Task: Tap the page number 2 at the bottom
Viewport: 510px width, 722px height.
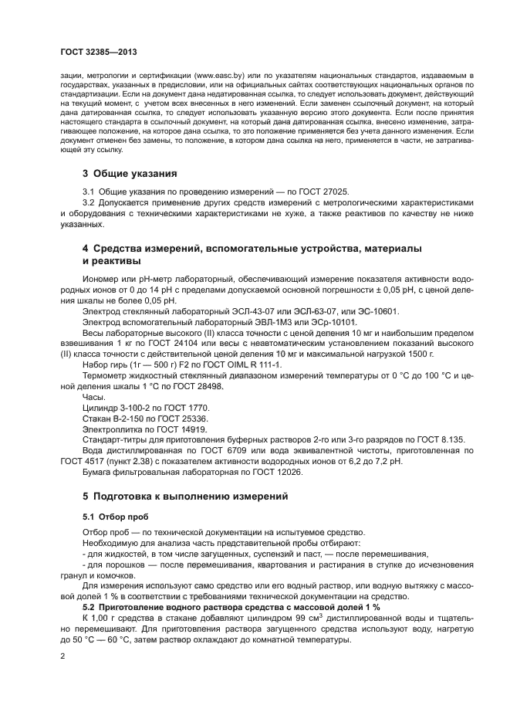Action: pos(62,656)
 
